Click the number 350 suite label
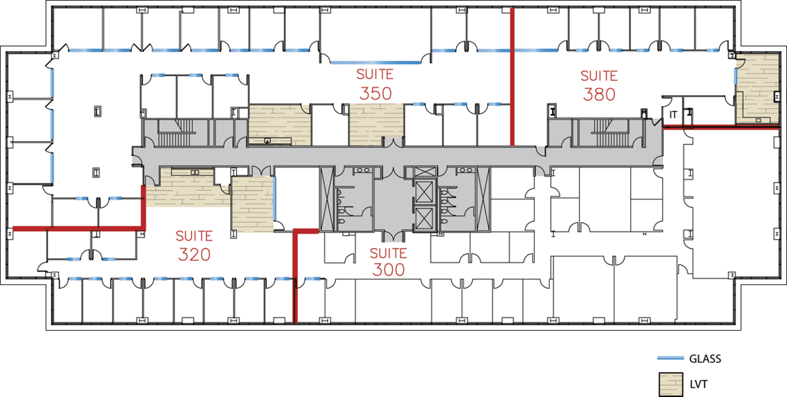point(376,94)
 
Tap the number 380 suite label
point(599,94)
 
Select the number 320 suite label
point(194,255)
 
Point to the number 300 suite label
point(388,270)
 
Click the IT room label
point(673,115)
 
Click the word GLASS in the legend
point(705,359)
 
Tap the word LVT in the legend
point(698,385)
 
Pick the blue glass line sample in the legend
point(671,358)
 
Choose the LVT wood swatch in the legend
point(671,385)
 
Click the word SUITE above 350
point(375,75)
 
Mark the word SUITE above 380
point(599,76)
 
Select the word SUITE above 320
point(194,236)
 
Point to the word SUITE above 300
point(388,253)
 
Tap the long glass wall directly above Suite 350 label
point(376,62)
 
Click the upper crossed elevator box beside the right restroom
point(424,192)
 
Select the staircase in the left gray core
point(175,133)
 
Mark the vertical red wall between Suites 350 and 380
point(512,77)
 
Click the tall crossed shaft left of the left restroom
point(327,199)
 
